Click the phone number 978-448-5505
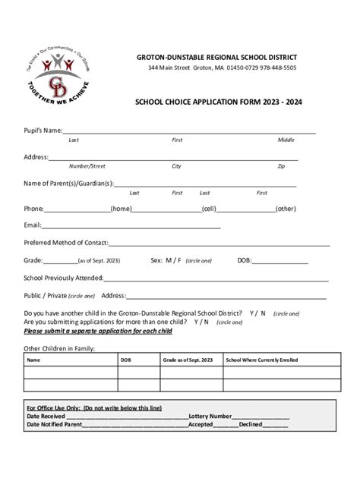[273, 68]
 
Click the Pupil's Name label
[43, 131]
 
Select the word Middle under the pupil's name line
[286, 140]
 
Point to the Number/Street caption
[87, 165]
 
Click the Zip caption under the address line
[281, 165]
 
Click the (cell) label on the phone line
[209, 208]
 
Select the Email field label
[33, 225]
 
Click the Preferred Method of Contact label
[66, 243]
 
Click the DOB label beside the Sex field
[244, 260]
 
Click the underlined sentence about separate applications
[98, 331]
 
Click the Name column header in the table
[34, 360]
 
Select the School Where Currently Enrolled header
[262, 360]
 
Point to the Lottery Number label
[210, 416]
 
